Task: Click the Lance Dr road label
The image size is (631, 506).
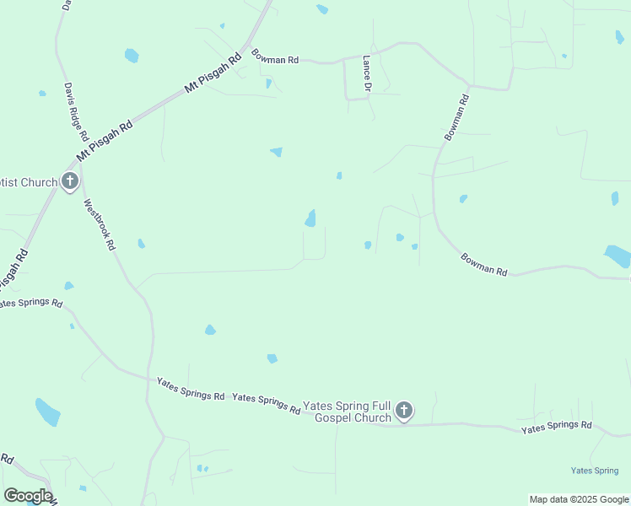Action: [x=367, y=74]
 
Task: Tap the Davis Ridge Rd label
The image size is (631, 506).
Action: [x=75, y=111]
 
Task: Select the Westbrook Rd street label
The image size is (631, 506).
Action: [x=100, y=224]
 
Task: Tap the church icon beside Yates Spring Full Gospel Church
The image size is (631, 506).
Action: [x=404, y=411]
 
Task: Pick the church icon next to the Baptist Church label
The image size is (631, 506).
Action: [x=69, y=181]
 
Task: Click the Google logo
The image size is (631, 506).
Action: [x=28, y=496]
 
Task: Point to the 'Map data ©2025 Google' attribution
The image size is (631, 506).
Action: [x=579, y=499]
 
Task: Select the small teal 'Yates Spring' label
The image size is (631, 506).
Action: [x=595, y=471]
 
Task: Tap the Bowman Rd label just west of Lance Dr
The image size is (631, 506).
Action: [x=275, y=57]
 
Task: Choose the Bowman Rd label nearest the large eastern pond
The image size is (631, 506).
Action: [x=484, y=266]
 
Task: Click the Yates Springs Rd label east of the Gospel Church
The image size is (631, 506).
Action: [x=557, y=428]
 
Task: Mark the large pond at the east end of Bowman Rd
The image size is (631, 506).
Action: [x=618, y=256]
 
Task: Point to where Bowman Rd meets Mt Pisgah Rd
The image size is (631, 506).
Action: [x=248, y=46]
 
